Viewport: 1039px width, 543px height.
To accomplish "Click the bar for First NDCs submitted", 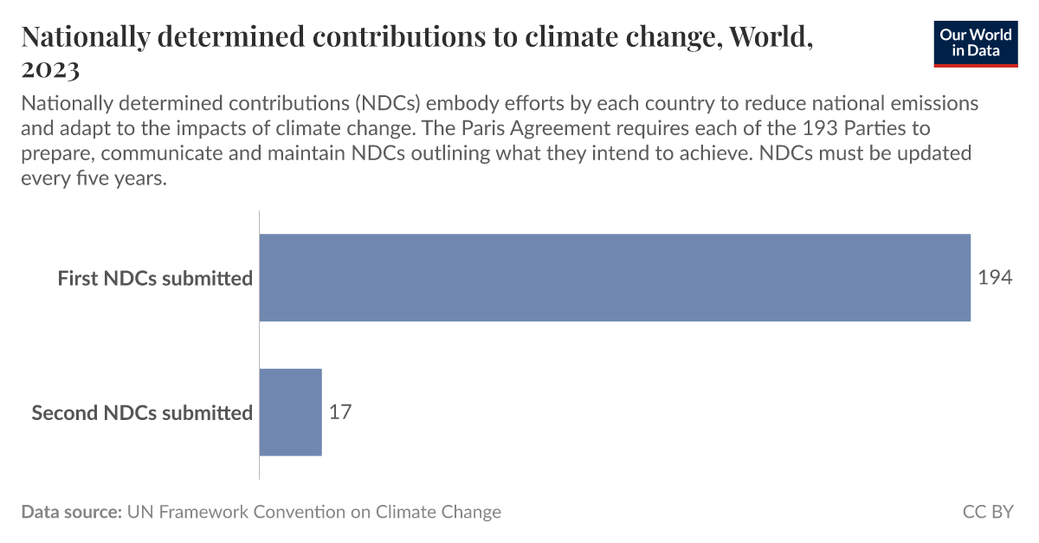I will [615, 278].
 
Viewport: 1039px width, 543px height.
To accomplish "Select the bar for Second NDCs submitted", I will [291, 412].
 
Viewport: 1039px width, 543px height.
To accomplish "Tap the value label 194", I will [995, 278].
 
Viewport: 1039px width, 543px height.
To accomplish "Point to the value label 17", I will [340, 412].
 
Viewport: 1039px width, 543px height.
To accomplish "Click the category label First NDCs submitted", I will [155, 279].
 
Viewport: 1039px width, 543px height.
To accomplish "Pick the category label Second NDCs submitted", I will [142, 413].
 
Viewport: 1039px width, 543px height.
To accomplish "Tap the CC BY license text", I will [987, 512].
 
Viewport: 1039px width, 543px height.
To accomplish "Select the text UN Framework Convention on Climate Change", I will [313, 512].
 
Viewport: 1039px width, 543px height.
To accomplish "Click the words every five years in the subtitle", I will [94, 179].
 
